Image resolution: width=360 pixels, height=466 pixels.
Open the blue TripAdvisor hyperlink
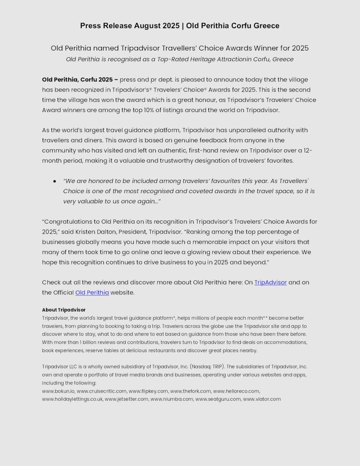point(270,282)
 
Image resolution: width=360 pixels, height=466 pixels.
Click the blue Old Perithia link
point(92,292)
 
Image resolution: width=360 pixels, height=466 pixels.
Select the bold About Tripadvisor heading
point(64,310)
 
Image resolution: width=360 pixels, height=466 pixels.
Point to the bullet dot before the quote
point(55,181)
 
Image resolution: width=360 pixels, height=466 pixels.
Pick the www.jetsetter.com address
point(127,399)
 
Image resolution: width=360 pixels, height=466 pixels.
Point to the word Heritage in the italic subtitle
point(197,59)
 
